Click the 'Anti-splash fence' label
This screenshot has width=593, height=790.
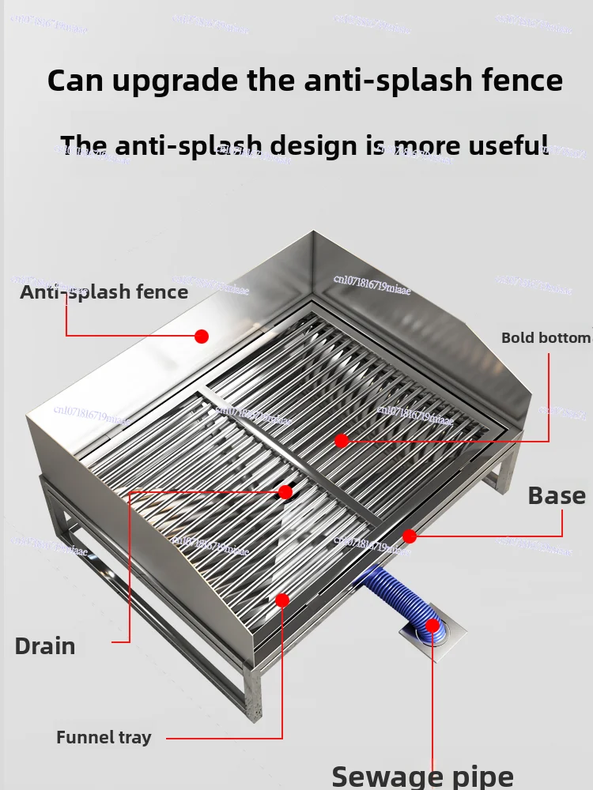(104, 292)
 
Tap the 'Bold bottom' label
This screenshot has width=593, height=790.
(546, 338)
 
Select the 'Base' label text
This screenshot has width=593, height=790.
(557, 496)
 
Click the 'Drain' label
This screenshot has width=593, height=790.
(45, 646)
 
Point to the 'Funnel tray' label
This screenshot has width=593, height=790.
(104, 738)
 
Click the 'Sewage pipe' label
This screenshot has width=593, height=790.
(422, 776)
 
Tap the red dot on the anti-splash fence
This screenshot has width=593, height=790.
(202, 337)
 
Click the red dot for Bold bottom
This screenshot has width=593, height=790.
(341, 441)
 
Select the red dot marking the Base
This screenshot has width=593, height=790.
(410, 536)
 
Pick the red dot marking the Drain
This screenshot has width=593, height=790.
(285, 492)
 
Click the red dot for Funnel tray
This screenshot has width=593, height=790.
(282, 600)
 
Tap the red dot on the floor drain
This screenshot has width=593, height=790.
(432, 626)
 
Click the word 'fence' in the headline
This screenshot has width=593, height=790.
(519, 81)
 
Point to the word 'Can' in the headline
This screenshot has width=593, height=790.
(74, 81)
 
